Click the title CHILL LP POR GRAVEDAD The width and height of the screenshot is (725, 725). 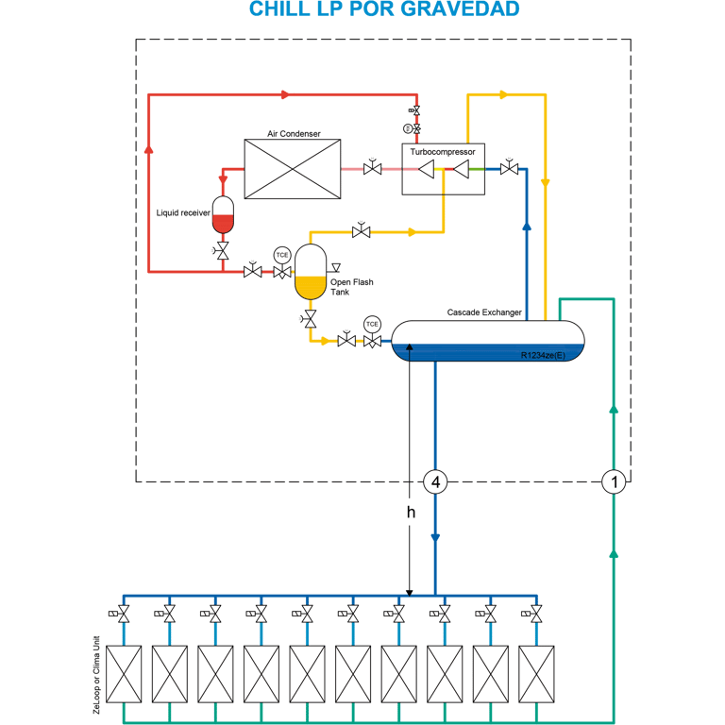(384, 8)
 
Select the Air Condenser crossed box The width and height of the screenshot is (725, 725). (293, 169)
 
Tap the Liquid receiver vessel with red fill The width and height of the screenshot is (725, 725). (223, 215)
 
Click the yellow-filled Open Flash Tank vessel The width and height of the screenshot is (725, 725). (311, 272)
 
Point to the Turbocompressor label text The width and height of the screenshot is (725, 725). (443, 152)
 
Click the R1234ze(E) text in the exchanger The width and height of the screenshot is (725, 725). (543, 355)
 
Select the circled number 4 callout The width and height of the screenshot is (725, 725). (435, 482)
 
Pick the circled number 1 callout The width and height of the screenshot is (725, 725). (614, 482)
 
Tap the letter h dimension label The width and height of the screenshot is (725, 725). (411, 512)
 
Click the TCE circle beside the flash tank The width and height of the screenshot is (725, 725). (282, 255)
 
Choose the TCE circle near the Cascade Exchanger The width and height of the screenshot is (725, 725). (372, 324)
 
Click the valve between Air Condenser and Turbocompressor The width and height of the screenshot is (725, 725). (372, 168)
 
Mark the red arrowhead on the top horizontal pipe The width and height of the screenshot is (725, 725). (285, 94)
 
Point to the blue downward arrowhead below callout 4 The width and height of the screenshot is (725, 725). (435, 538)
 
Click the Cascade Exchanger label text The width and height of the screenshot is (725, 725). (484, 312)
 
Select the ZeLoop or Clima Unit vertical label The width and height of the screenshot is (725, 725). (96, 675)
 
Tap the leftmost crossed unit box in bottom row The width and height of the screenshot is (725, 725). (124, 674)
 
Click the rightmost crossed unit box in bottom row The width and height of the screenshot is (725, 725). (536, 674)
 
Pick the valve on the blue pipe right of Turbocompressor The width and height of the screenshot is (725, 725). (509, 168)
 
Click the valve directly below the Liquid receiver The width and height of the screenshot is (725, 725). (223, 251)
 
